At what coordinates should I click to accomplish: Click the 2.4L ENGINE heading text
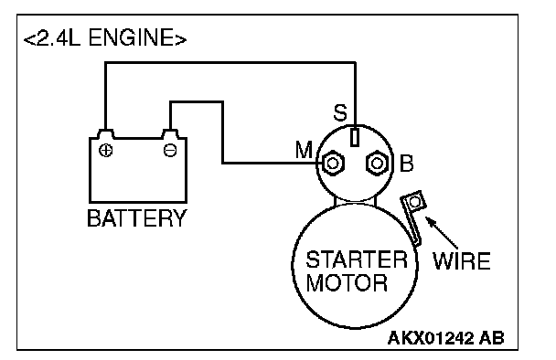click(105, 37)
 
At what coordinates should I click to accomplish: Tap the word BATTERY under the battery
click(137, 217)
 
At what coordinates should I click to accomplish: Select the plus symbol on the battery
click(106, 150)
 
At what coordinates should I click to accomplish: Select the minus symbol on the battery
click(170, 150)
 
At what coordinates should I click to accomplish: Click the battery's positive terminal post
click(105, 134)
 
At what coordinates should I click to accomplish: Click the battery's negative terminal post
click(170, 134)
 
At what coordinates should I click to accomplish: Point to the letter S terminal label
click(340, 113)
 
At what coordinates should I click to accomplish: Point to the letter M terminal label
click(304, 150)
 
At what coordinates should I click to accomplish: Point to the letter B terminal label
click(406, 164)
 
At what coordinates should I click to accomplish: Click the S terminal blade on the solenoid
click(355, 137)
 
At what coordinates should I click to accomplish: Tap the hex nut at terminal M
click(333, 164)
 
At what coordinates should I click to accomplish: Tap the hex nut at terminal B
click(377, 164)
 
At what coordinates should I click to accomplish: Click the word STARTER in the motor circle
click(357, 259)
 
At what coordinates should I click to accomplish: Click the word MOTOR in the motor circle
click(347, 282)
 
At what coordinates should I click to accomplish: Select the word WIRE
click(462, 261)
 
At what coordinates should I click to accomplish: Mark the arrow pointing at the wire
click(442, 232)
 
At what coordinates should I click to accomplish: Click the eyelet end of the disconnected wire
click(415, 202)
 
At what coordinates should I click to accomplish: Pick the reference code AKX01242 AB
click(445, 338)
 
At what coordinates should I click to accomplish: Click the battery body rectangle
click(138, 170)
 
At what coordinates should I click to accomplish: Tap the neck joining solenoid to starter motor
click(355, 202)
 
